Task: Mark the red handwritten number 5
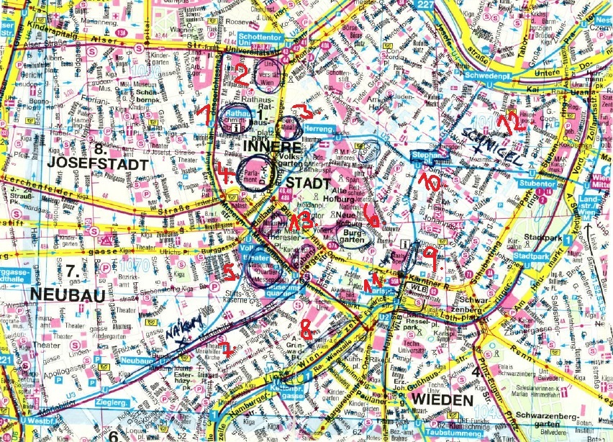(229, 272)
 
